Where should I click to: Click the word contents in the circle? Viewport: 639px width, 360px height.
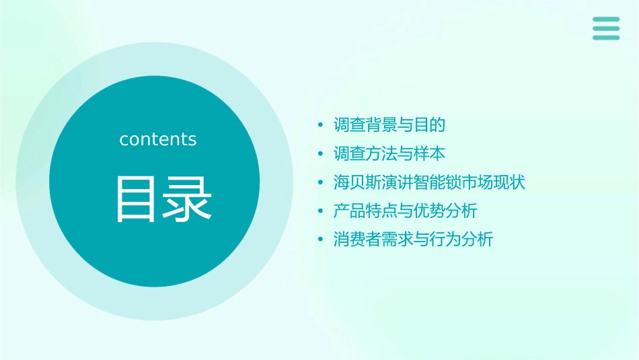[x=158, y=139]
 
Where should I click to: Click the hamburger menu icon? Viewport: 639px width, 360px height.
[x=606, y=28]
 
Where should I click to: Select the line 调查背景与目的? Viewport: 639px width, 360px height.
[x=389, y=125]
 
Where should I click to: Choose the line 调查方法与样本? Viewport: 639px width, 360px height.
[x=389, y=154]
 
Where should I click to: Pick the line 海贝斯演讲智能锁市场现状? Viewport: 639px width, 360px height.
[x=429, y=182]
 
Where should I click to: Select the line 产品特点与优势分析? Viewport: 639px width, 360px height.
[x=405, y=211]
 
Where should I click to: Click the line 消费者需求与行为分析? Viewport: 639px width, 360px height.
[x=413, y=240]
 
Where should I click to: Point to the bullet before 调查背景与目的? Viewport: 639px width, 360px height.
[x=321, y=126]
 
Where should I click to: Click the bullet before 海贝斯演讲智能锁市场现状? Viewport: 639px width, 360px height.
[x=321, y=183]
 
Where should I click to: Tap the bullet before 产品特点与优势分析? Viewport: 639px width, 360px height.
[x=321, y=212]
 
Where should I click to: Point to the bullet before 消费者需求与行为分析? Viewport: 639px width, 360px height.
[x=321, y=240]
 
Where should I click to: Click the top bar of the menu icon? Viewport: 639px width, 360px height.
[x=606, y=20]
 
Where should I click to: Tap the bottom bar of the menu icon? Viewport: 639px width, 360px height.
[x=606, y=38]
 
